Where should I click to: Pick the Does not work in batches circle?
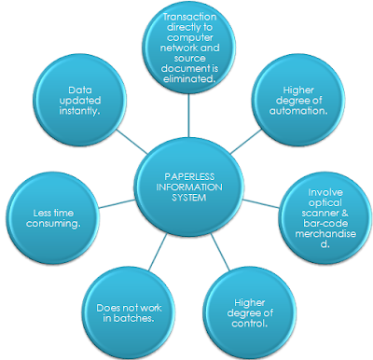(126, 311)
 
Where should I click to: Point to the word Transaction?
(190, 19)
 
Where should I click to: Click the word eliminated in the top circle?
(190, 80)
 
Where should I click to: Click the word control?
(242, 324)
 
